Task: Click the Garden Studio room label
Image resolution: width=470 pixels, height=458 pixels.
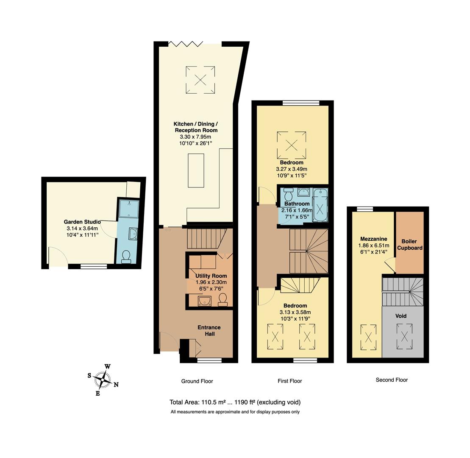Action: pyautogui.click(x=82, y=222)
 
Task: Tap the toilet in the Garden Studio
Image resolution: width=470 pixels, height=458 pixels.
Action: pyautogui.click(x=126, y=257)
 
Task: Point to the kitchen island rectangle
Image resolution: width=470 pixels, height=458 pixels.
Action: pyautogui.click(x=196, y=170)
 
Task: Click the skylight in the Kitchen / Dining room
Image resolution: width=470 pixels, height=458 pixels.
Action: pyautogui.click(x=200, y=79)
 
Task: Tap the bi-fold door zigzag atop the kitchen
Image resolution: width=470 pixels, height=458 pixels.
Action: pyautogui.click(x=185, y=43)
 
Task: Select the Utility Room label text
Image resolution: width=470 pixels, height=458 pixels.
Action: pyautogui.click(x=211, y=276)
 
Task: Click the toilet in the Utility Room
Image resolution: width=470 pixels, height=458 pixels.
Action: pyautogui.click(x=222, y=300)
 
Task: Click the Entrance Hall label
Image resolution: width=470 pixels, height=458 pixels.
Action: pyautogui.click(x=209, y=330)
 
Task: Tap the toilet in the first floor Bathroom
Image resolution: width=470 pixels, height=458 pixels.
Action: pyautogui.click(x=289, y=195)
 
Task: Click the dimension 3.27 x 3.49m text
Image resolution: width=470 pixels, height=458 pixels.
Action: pyautogui.click(x=292, y=169)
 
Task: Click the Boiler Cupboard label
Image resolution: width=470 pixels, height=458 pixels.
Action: pyautogui.click(x=409, y=245)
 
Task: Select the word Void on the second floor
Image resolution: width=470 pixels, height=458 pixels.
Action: pyautogui.click(x=401, y=316)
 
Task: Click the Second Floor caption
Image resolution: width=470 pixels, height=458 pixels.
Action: pyautogui.click(x=392, y=380)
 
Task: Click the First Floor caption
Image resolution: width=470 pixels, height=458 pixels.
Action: pyautogui.click(x=290, y=381)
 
